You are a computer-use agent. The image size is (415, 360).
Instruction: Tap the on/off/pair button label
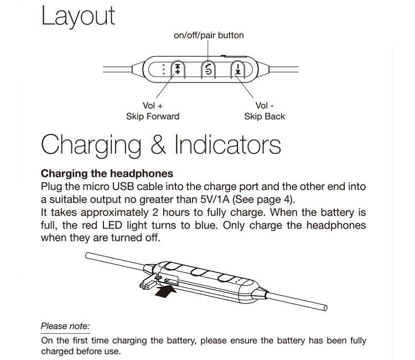pyautogui.click(x=209, y=35)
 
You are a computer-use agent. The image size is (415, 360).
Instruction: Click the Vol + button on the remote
pyautogui.click(x=178, y=69)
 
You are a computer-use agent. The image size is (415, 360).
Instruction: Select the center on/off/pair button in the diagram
pyautogui.click(x=208, y=69)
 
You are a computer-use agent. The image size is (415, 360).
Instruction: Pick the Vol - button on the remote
pyautogui.click(x=238, y=69)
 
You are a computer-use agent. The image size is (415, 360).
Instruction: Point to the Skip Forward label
pyautogui.click(x=153, y=116)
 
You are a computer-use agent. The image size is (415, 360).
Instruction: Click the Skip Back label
pyautogui.click(x=264, y=116)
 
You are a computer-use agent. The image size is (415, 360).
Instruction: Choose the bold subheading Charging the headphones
pyautogui.click(x=107, y=174)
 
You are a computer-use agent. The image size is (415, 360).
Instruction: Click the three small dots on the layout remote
pyautogui.click(x=164, y=69)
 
